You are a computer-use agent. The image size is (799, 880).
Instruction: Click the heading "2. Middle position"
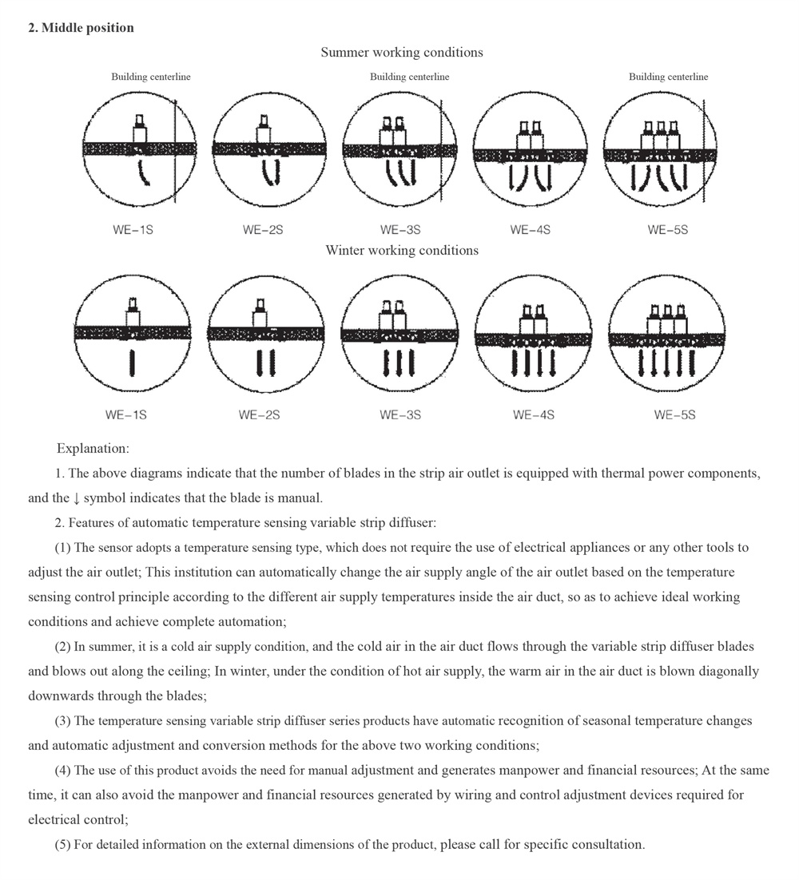[81, 28]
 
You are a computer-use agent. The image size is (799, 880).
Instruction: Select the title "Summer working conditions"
[402, 53]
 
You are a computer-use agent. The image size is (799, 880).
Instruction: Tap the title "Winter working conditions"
[402, 251]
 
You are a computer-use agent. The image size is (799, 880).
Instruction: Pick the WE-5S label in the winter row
[674, 415]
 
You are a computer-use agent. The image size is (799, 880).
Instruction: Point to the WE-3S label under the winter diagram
[400, 415]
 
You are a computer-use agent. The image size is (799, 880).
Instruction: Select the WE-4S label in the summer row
[531, 230]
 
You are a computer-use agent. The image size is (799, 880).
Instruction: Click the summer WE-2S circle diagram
[269, 150]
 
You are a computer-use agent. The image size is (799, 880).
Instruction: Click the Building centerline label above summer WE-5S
[668, 77]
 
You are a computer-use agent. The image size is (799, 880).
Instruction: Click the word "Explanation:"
[93, 449]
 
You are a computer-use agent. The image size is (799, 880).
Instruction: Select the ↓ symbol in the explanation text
[76, 498]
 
